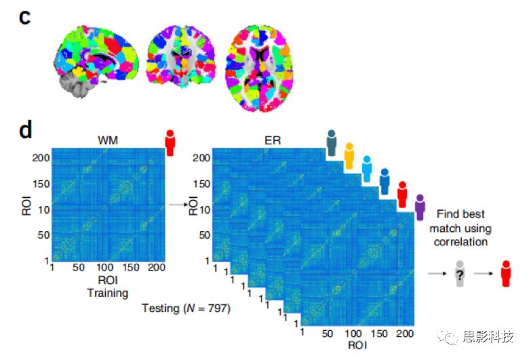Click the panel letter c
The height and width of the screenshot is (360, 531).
point(24,18)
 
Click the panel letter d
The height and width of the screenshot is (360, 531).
point(25,129)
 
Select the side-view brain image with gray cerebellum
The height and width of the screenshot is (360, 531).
point(96,61)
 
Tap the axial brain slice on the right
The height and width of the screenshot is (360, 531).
point(259,68)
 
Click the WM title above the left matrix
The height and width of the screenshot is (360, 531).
point(108,140)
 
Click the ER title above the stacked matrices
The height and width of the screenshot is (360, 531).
point(273,140)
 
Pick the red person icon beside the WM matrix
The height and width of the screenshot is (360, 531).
point(170,143)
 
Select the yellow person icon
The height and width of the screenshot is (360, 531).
point(349,156)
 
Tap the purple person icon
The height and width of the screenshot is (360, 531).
point(420,207)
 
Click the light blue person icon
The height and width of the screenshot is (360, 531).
point(367,169)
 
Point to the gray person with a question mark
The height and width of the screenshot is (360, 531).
point(460,274)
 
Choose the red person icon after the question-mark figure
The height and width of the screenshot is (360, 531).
point(506,274)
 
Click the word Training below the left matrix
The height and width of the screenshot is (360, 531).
point(108,293)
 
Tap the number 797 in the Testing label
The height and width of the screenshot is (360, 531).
point(218,308)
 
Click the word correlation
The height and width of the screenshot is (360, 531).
point(460,242)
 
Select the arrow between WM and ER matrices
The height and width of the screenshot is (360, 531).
point(178,204)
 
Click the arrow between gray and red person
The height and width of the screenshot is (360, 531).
point(484,273)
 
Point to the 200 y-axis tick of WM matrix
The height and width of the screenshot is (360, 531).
point(41,158)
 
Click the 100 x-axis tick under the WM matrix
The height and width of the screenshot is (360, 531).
point(105,268)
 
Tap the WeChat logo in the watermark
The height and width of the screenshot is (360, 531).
point(448,336)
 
